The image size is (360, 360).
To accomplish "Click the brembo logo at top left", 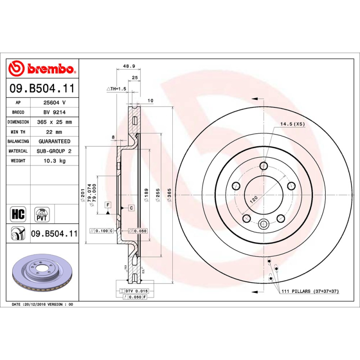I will [x=42, y=68].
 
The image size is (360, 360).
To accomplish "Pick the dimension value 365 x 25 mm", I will [x=54, y=122].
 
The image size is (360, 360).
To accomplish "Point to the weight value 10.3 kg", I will [x=54, y=161].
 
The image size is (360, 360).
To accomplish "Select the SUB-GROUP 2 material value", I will [x=54, y=151].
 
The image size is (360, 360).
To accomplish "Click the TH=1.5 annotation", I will [x=116, y=89].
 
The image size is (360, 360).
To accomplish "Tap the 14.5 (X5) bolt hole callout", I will [x=293, y=124].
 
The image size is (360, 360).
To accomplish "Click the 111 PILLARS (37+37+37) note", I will [x=310, y=292].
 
